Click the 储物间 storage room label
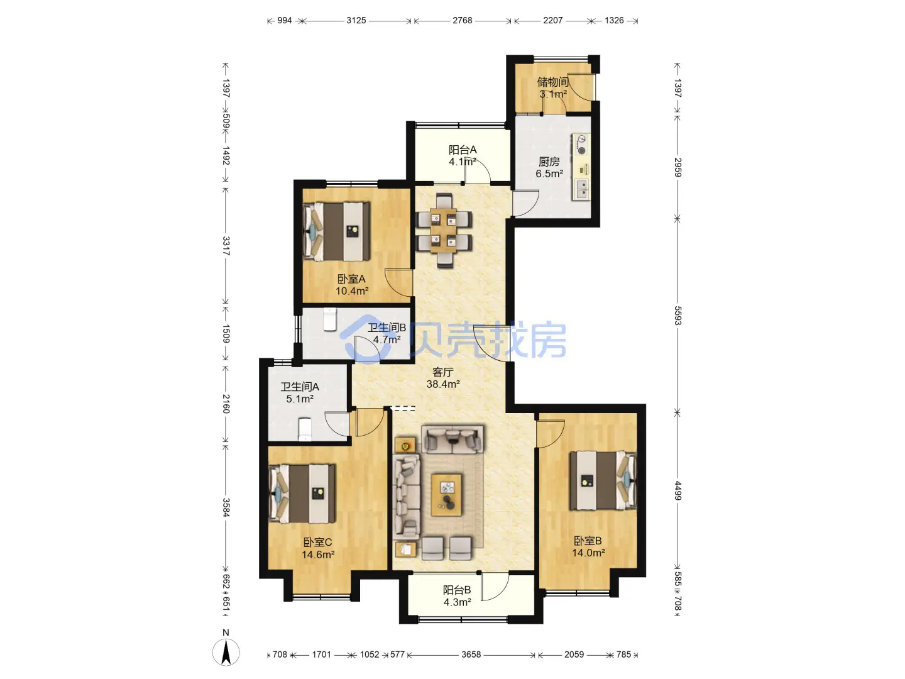tap(552, 82)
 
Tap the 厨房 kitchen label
tap(549, 162)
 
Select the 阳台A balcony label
tap(462, 150)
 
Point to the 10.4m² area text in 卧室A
tap(352, 291)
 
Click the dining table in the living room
tap(444, 231)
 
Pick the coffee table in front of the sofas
tap(446, 495)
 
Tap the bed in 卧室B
tap(603, 481)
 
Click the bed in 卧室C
tap(302, 494)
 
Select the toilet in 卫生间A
tap(304, 429)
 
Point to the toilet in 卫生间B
tap(330, 319)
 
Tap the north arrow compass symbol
tap(226, 653)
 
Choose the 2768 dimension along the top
tap(462, 21)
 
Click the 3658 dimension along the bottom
tap(471, 654)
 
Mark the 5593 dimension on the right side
tap(677, 316)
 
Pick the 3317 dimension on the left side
tap(226, 246)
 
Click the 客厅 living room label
tap(443, 372)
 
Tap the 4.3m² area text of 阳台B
tap(458, 602)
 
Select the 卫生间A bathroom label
tap(300, 387)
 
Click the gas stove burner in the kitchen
tap(582, 150)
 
